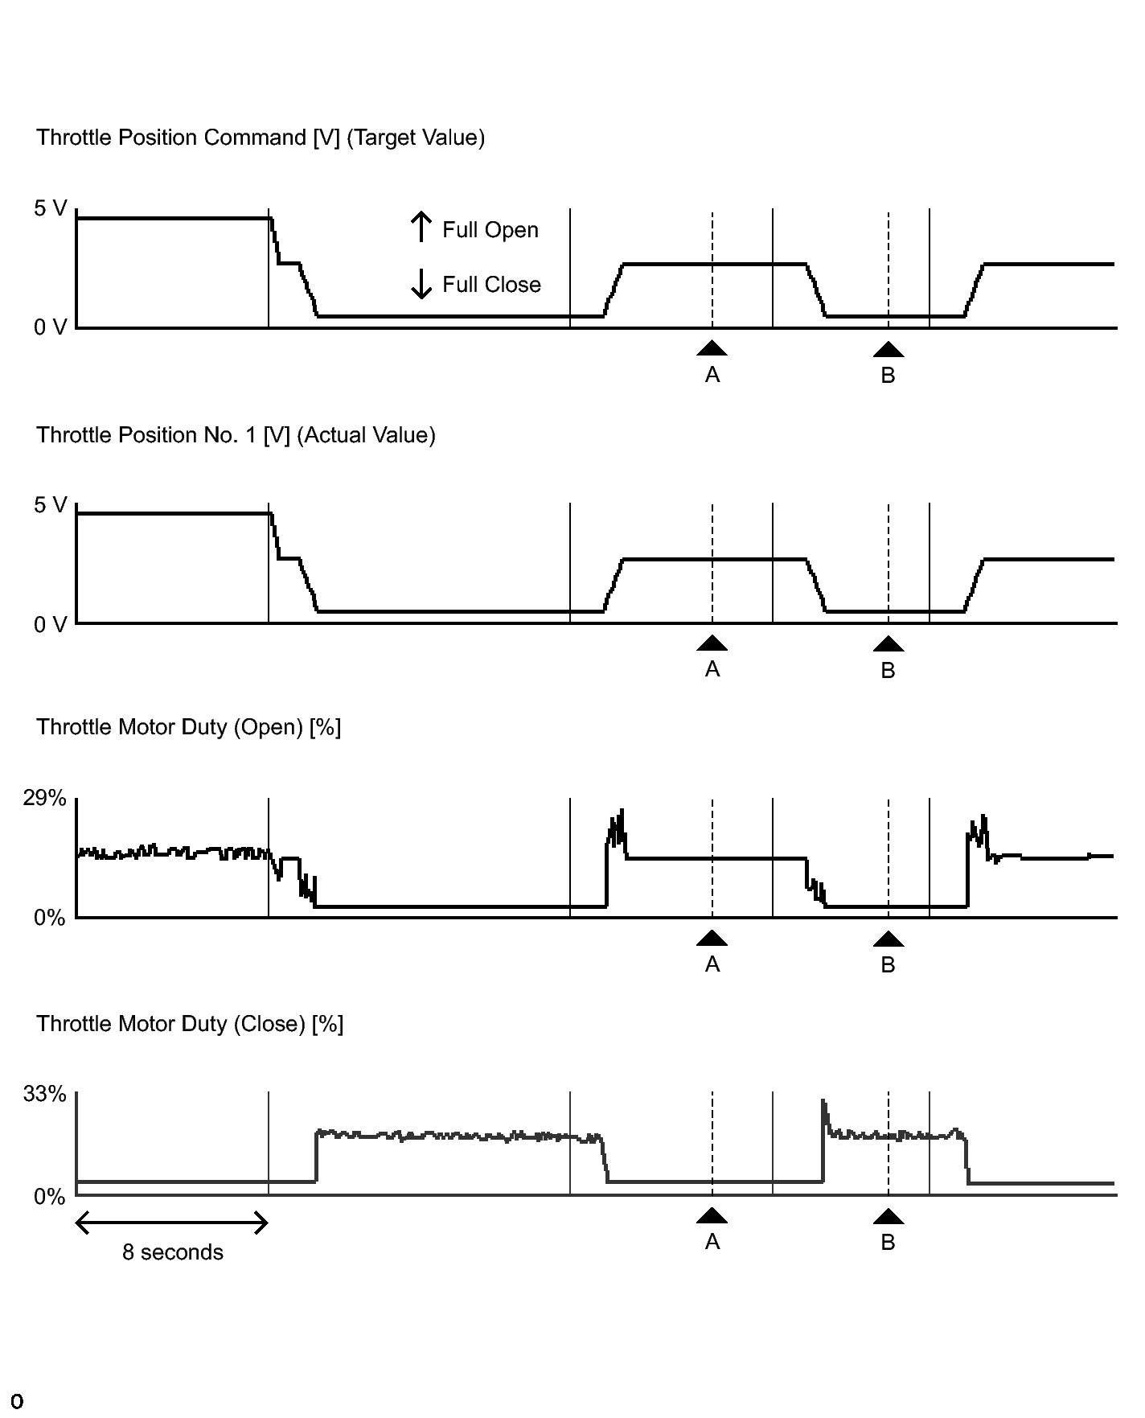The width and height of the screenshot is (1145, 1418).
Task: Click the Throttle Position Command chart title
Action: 261,138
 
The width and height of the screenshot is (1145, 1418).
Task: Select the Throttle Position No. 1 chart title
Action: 236,435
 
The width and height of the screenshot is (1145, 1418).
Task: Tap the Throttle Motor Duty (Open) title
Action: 189,727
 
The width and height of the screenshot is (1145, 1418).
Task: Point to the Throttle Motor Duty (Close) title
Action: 190,1024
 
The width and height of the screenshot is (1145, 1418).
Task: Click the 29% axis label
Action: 44,798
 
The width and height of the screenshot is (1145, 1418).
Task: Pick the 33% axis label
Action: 44,1094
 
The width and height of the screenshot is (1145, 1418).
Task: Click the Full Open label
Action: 490,230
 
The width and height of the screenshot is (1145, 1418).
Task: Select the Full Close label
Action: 491,285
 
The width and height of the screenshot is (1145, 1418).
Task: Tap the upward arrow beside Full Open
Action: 421,227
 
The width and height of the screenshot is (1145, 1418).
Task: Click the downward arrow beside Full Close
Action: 421,283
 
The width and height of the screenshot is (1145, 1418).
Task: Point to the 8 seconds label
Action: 173,1252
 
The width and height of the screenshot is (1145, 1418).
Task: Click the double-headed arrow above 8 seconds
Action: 171,1224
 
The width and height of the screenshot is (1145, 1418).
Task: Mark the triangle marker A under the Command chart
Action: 712,347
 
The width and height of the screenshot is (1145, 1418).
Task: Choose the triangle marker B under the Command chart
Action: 889,349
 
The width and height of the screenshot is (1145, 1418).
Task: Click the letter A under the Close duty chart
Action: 712,1243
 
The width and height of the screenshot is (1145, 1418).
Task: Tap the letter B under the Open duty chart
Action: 889,965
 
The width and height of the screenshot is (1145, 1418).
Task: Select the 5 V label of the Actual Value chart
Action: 51,505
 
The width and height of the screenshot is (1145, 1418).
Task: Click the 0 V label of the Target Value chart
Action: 51,327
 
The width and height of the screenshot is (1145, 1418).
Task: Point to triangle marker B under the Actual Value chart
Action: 889,643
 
